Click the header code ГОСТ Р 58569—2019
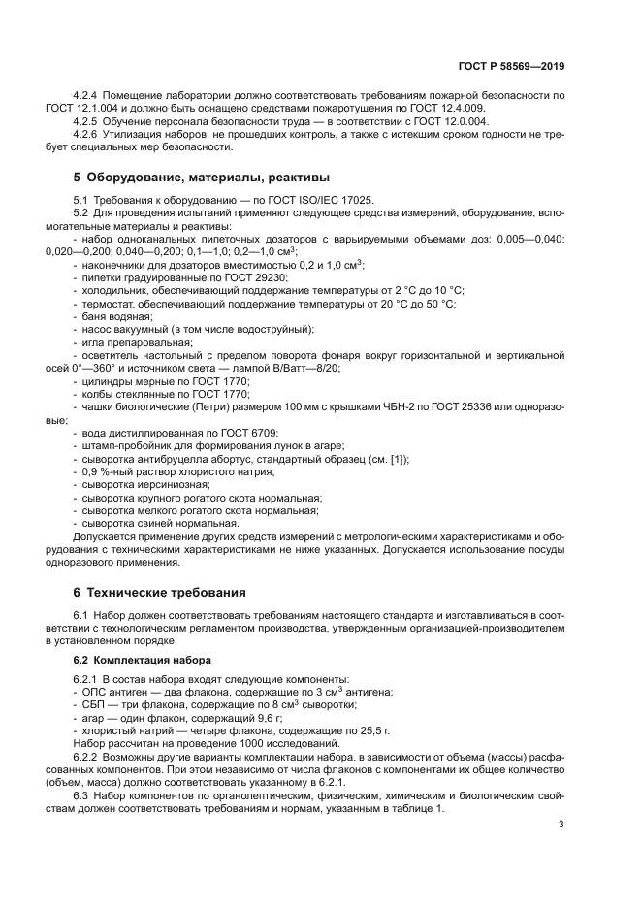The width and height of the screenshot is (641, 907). click(x=511, y=67)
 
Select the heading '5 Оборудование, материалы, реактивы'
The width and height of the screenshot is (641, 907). click(x=202, y=178)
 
